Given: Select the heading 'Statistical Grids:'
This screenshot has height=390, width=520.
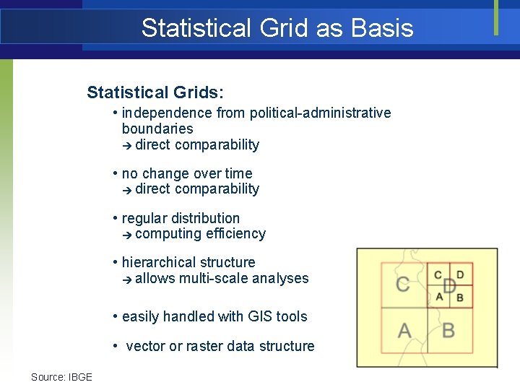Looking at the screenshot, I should click(x=155, y=92).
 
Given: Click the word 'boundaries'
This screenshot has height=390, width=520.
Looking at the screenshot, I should click(x=157, y=129).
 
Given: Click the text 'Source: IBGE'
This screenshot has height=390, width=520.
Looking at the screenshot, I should click(x=61, y=377).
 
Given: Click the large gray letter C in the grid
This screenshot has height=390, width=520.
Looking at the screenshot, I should click(x=403, y=284).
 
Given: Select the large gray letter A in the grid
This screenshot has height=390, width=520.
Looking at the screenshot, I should click(x=404, y=331).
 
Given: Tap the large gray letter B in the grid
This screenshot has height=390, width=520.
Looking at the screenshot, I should click(x=448, y=331).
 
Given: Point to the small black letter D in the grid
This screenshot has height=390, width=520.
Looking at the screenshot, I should click(x=461, y=275).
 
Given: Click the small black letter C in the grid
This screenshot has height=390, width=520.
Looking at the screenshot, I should click(x=438, y=275).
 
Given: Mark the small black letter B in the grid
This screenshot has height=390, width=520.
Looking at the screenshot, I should click(x=461, y=297).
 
